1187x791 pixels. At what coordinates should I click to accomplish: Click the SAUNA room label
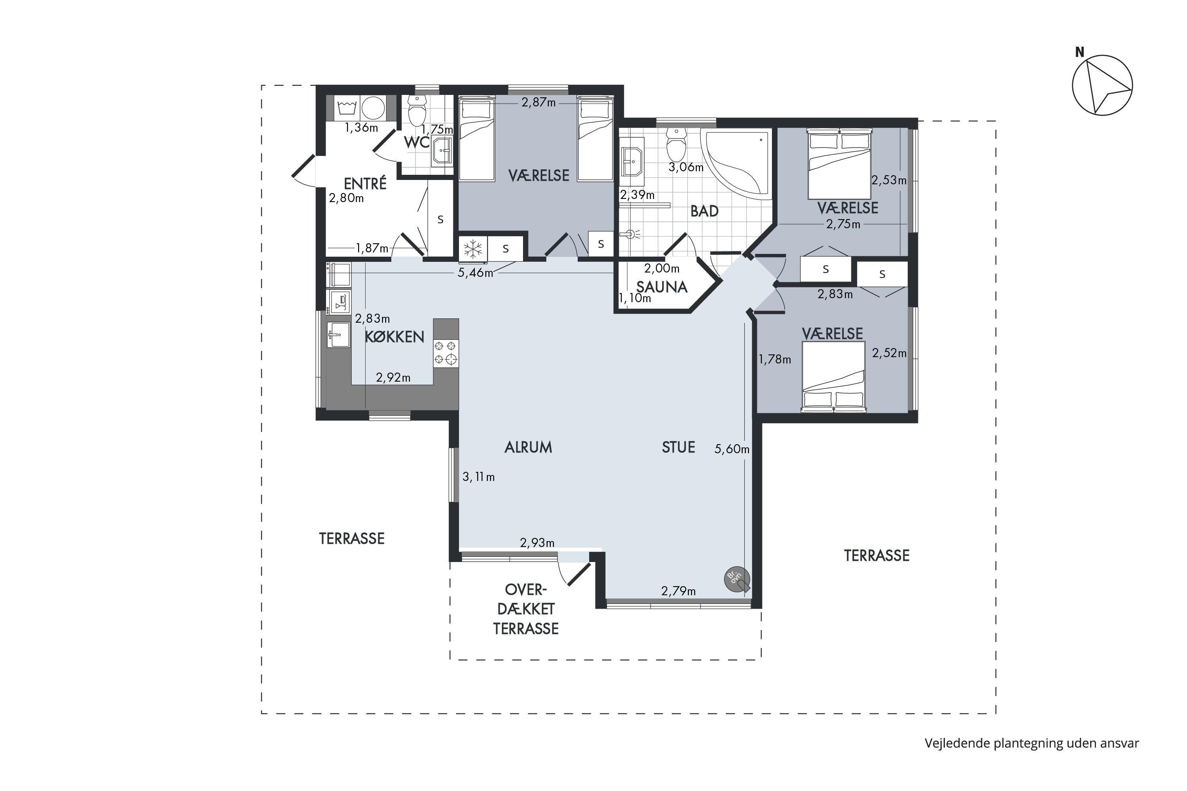point(662,287)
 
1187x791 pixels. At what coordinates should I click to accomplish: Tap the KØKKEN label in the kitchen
point(394,337)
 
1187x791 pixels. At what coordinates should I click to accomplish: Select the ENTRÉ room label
point(365,183)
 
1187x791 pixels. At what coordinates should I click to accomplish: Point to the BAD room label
point(704,211)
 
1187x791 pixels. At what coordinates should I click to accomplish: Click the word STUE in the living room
point(678,447)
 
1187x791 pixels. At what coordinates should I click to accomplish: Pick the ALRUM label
point(528,447)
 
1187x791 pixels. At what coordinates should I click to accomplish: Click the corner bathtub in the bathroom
point(736,163)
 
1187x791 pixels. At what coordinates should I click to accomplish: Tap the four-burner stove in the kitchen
point(446,353)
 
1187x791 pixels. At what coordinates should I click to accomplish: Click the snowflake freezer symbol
point(473,249)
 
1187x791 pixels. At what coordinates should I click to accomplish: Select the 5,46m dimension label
point(475,273)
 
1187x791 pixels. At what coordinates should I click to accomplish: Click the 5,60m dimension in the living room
point(731,448)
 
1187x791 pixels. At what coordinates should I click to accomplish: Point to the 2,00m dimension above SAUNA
point(662,269)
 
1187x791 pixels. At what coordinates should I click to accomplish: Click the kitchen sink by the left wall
point(338,335)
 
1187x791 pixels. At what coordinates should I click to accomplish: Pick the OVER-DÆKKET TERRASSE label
point(526,609)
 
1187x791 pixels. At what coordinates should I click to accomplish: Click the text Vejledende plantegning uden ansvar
point(1032,743)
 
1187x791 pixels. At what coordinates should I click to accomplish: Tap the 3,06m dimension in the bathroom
point(686,167)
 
